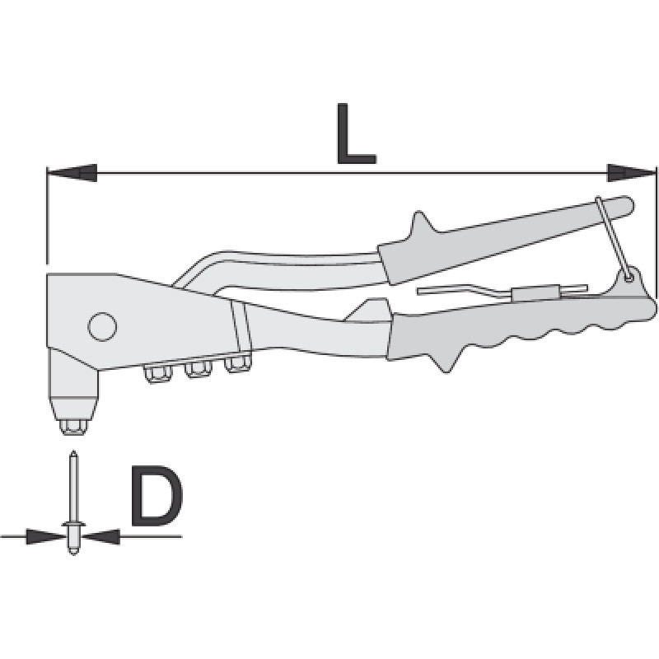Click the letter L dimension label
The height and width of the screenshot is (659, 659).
[356, 133]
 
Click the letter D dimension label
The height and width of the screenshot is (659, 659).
[157, 496]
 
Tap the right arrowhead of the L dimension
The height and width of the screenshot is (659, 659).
[631, 173]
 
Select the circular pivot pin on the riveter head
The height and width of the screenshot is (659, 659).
[102, 326]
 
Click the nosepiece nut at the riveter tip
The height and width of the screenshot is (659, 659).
[75, 426]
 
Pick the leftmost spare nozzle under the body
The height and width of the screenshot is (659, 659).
[158, 374]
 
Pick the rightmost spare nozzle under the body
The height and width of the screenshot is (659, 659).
[237, 364]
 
